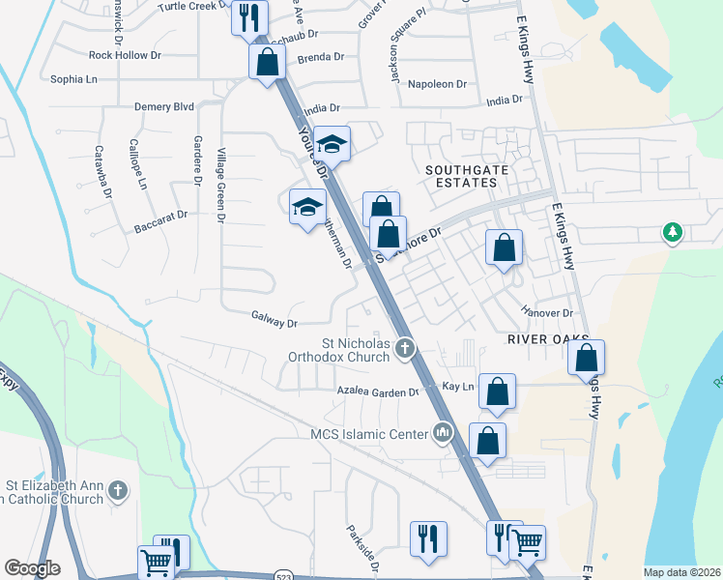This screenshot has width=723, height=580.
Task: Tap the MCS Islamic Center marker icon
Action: pos(444,432)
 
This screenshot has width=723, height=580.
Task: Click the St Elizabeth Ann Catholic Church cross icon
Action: pos(118,490)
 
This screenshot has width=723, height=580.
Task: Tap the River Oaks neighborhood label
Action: pos(548,339)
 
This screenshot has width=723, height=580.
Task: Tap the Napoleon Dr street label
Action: pos(436,84)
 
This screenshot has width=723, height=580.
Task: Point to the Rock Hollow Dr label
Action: pos(118,55)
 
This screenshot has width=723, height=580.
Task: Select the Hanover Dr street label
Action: pos(547,313)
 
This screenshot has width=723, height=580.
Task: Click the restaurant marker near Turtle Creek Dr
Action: pos(249,16)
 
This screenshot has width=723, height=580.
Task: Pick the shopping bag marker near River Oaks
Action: pos(586,357)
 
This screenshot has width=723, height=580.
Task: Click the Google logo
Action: pos(32,568)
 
